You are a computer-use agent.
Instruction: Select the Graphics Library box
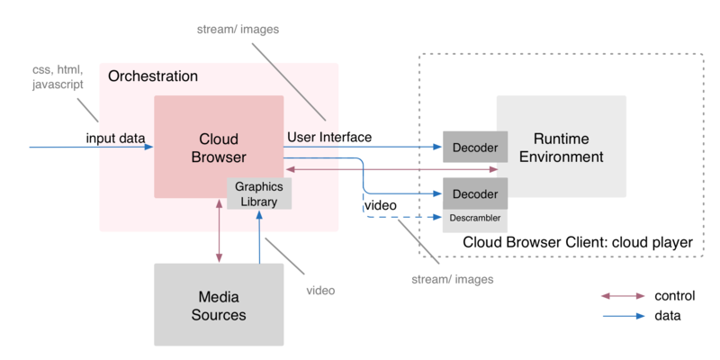click(259, 194)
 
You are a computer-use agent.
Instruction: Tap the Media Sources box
click(219, 304)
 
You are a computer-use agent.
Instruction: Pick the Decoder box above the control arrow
click(475, 147)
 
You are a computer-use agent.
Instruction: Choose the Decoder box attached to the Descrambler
click(475, 193)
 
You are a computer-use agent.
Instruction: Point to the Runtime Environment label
click(561, 148)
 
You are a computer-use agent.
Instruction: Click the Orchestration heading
click(153, 76)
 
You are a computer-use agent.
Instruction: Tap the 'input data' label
click(115, 138)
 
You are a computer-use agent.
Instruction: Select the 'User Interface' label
click(329, 137)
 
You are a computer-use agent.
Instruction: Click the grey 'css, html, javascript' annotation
click(58, 77)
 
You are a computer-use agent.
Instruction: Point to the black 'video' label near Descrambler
click(380, 205)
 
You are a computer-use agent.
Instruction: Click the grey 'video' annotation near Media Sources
click(320, 290)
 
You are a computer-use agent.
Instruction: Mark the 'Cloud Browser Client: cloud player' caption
click(577, 242)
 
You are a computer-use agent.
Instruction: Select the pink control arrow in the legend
click(623, 296)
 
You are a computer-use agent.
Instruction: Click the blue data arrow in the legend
click(623, 316)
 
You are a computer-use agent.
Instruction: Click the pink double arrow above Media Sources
click(219, 230)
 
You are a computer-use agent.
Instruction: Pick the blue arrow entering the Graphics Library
click(259, 237)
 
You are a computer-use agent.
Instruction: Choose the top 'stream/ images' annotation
click(238, 30)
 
